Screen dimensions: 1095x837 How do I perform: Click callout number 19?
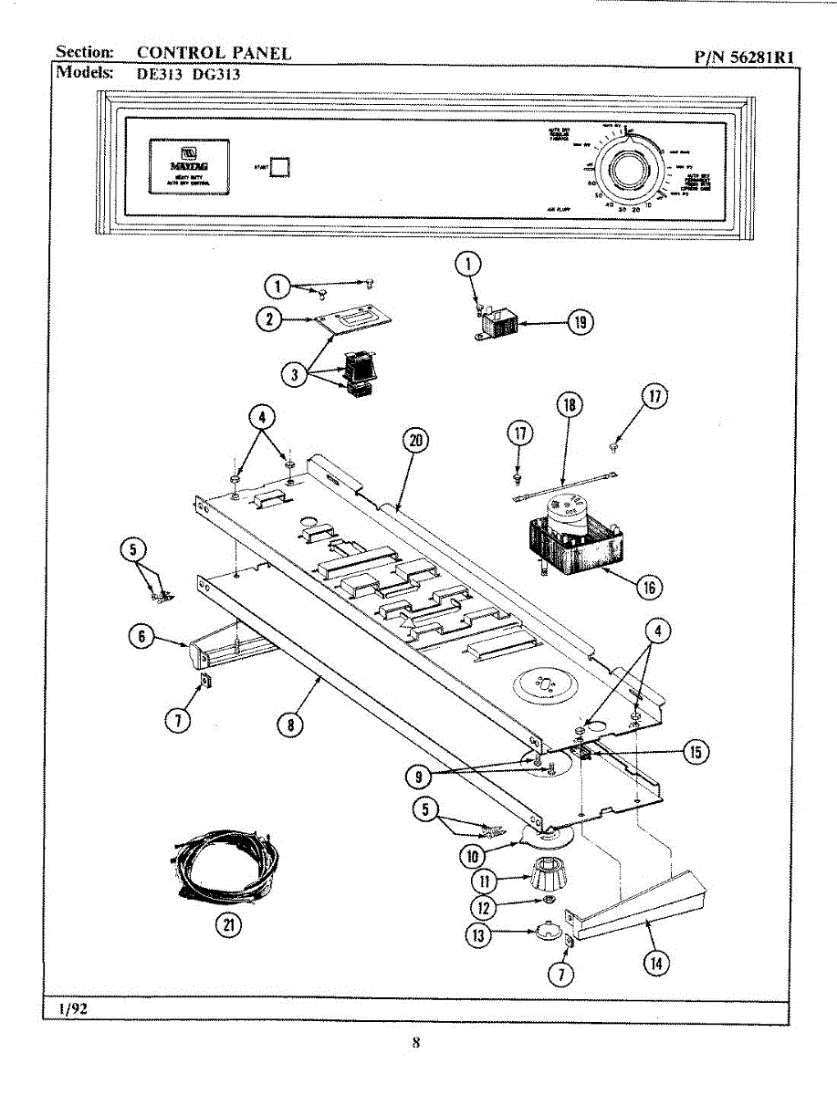[579, 322]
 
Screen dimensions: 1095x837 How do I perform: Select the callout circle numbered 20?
[415, 440]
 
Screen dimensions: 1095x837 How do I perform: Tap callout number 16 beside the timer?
[649, 587]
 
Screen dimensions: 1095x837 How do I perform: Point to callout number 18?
[569, 405]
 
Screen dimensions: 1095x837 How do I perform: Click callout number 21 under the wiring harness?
[224, 924]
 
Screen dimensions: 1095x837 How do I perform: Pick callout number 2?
[268, 318]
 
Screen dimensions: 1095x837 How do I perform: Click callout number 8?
[290, 725]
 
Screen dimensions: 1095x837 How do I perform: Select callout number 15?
[696, 752]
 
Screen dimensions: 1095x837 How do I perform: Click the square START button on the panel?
[281, 166]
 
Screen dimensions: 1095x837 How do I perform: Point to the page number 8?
[415, 1043]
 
